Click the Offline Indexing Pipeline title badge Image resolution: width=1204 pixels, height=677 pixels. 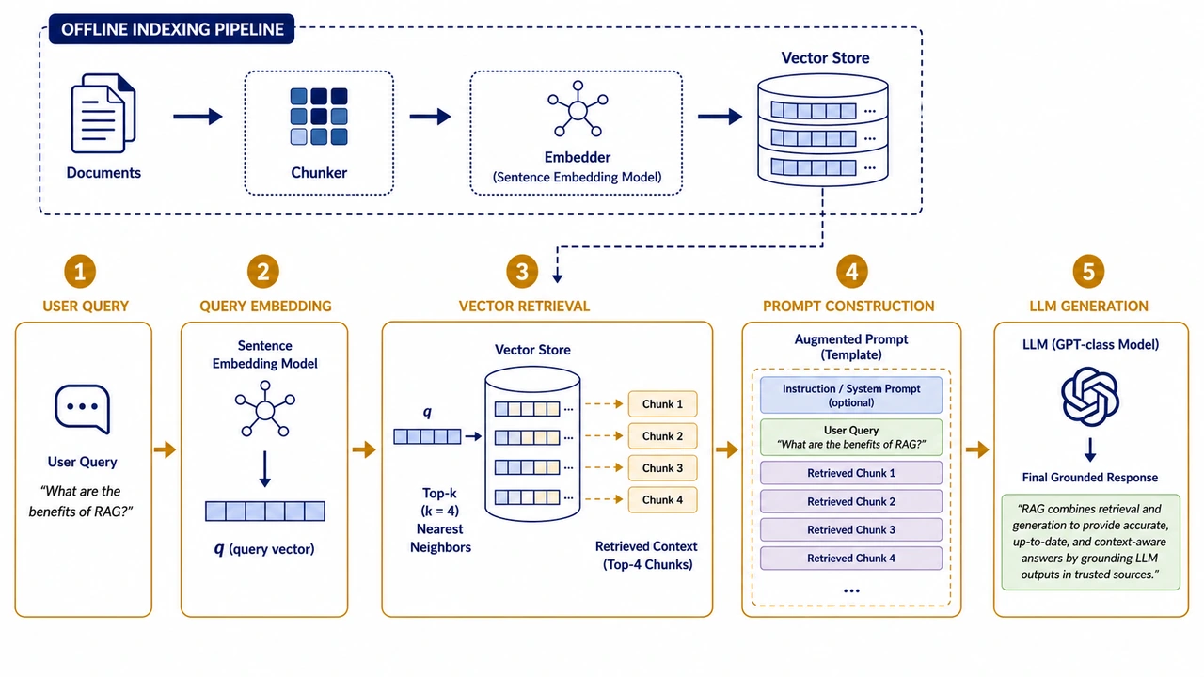point(171,29)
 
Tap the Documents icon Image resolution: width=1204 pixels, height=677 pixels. point(103,114)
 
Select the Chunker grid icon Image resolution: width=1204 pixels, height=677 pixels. point(319,117)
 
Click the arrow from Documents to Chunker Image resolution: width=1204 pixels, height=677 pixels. point(198,116)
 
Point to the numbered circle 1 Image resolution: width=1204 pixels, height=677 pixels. point(80,272)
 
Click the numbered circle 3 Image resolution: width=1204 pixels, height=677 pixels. point(522,272)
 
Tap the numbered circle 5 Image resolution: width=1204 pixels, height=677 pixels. point(1088,272)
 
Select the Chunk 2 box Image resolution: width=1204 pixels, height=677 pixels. point(663,435)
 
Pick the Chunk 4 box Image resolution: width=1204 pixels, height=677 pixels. point(663,499)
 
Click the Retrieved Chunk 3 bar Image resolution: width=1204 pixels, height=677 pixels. point(851,529)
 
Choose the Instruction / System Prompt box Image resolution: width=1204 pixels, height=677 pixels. point(851,395)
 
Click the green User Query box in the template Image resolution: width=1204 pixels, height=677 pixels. point(851,437)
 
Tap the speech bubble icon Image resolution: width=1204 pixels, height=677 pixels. point(83,409)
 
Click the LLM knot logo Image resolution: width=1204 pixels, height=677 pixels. point(1090,397)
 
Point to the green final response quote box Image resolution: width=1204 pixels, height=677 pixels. point(1090,543)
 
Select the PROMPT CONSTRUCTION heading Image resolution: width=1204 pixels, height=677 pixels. point(848,306)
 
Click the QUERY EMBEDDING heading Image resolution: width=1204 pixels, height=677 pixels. point(265,306)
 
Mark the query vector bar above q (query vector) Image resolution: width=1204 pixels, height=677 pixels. point(265,511)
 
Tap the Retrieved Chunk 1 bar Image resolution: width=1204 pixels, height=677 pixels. point(851,473)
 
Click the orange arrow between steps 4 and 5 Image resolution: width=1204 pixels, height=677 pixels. point(977,449)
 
